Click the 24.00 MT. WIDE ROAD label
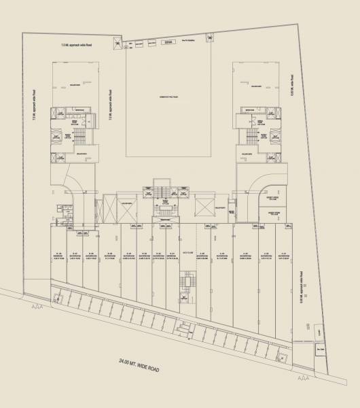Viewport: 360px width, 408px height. tap(139, 364)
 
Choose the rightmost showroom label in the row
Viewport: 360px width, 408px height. tap(285, 255)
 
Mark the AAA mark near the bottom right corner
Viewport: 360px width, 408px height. tap(304, 375)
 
